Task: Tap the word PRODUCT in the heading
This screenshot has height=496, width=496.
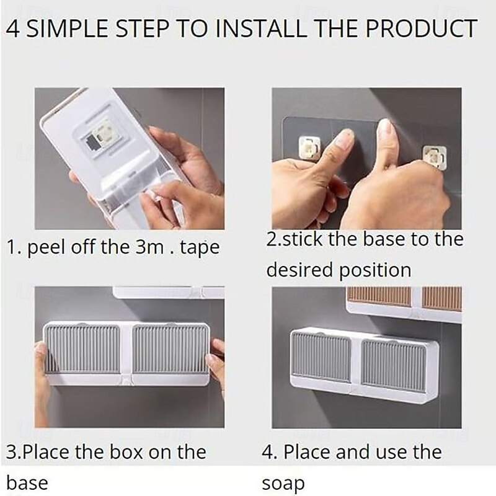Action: coord(422,29)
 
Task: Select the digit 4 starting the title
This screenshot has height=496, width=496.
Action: coord(12,29)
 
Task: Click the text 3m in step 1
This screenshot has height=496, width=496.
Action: coord(149,247)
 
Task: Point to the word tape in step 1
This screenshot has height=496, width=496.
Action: coord(200,249)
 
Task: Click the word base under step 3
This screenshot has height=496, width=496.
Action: coord(27,483)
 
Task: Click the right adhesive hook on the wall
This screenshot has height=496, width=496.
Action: coord(435,157)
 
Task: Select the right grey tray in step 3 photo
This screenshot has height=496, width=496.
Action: coord(170,348)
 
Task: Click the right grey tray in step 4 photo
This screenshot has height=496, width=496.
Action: coord(394,365)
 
